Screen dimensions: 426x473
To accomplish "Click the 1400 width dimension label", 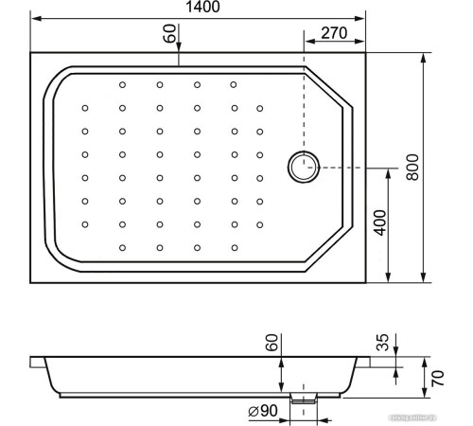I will [197, 9].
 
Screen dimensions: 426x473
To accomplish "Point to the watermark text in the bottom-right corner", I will [429, 415].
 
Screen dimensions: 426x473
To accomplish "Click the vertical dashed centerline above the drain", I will [304, 104].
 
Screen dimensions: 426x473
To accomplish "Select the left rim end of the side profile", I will [35, 362].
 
